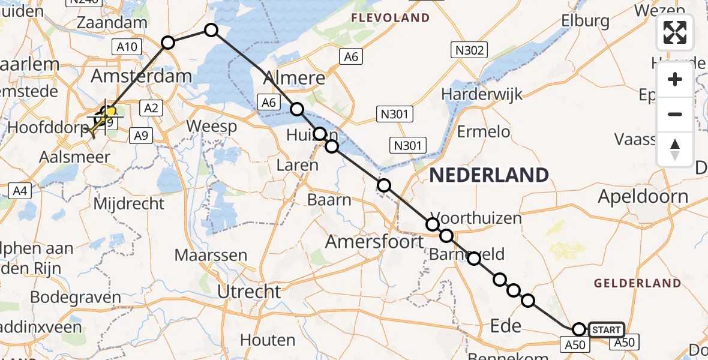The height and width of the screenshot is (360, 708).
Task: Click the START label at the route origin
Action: (607, 330)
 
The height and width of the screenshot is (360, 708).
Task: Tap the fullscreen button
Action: (675, 32)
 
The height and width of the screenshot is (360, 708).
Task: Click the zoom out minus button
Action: (675, 114)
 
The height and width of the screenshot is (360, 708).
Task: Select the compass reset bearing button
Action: (675, 149)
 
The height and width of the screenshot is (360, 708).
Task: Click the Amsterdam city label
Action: (141, 76)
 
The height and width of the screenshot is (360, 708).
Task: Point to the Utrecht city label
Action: (249, 292)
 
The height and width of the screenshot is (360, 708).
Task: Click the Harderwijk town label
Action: (482, 94)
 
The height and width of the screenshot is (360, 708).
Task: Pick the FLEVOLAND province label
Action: (391, 17)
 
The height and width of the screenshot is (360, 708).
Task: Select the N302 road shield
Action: (470, 50)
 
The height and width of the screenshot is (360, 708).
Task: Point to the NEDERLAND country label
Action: (489, 175)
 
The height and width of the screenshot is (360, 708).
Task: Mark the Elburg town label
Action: (586, 20)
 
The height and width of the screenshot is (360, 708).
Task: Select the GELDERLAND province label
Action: (637, 283)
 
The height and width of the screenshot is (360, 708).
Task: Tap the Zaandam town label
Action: (113, 23)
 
